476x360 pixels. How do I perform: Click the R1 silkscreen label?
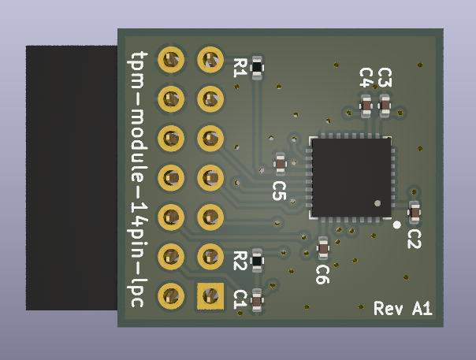tap(240, 68)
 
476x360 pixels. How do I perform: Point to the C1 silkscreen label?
tap(240, 298)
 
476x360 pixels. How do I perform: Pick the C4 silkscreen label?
tap(366, 77)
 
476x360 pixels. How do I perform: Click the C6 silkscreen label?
tap(322, 273)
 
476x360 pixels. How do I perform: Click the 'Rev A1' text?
tap(403, 309)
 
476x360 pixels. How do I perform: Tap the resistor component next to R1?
tap(257, 69)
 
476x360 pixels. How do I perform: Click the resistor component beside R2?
tap(258, 259)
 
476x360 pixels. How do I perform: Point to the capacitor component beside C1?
tap(257, 299)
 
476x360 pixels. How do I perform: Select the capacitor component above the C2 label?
tap(415, 212)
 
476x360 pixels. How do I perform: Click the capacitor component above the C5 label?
tap(280, 163)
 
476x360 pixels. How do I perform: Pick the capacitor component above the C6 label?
tap(323, 249)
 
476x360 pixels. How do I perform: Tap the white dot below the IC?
tap(396, 224)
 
